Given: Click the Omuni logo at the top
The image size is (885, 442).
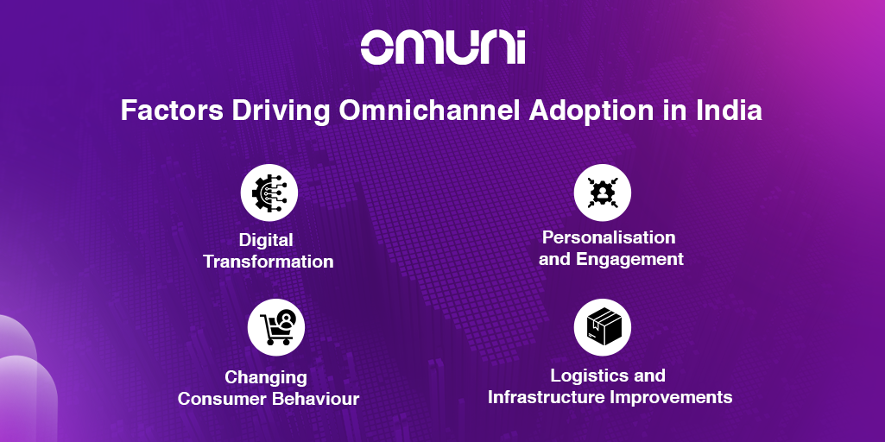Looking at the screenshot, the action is coord(443,47).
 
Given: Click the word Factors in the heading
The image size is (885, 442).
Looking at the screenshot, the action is coord(172,110).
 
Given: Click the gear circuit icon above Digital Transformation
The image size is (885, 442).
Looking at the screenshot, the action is coord(269,193).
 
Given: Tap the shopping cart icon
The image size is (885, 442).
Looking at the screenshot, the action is coord(276,327).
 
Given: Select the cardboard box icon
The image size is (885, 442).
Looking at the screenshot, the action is coord(602,327).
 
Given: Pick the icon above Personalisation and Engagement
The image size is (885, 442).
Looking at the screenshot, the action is coord(602,193).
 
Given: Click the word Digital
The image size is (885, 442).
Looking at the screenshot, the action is coord(266,241).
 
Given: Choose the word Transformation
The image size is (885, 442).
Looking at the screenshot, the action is coord(269,262).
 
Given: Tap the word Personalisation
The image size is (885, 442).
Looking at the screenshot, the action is coord(609,237).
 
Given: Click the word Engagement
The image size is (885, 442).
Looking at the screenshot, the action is coord(629,260).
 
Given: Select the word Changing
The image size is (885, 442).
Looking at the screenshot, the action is coord(266,377).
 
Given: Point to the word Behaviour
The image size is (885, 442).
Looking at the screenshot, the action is coord(315,399).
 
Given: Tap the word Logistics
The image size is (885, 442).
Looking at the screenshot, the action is coord(588,376).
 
